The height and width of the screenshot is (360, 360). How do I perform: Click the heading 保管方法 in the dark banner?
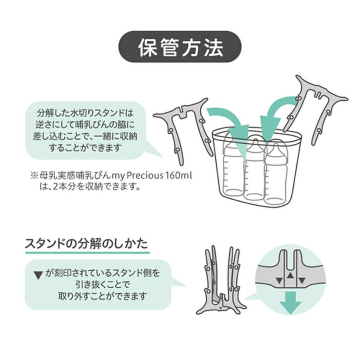pos(180,47)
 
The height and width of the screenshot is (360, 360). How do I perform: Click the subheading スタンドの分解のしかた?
pos(86,244)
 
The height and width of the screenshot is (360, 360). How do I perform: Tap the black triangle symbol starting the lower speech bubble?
pos(38,275)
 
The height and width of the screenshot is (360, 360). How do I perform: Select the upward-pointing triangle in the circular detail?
pos(290,276)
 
